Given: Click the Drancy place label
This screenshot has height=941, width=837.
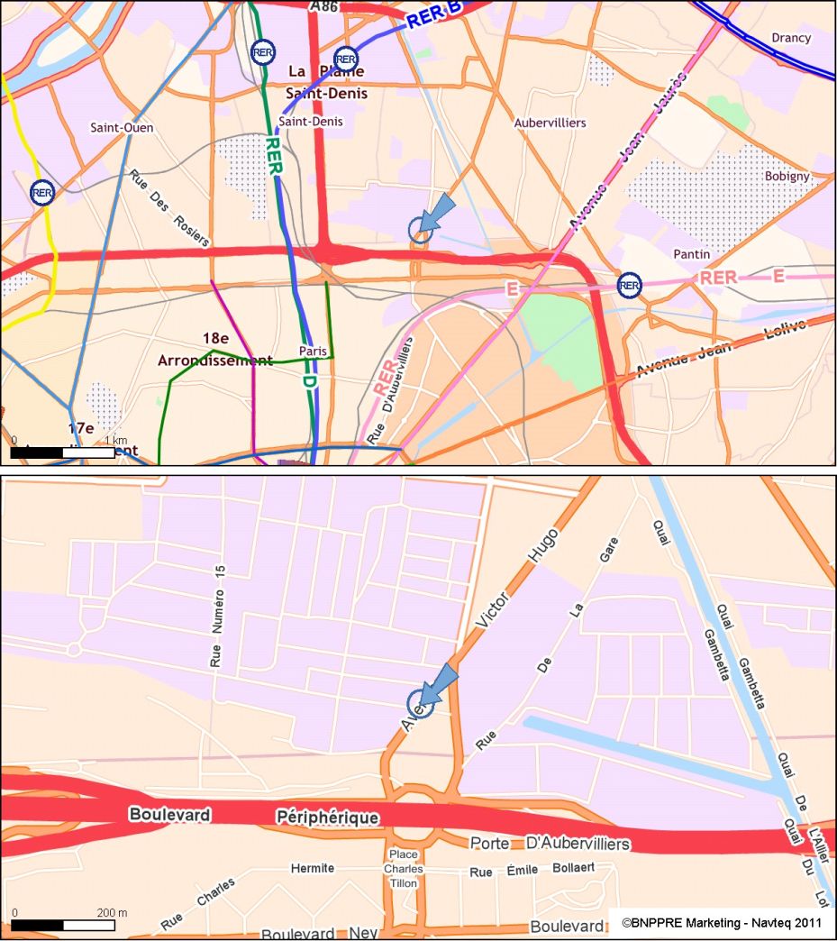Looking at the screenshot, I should point(790,38).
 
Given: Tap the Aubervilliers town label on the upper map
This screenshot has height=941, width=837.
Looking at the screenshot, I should point(550,123).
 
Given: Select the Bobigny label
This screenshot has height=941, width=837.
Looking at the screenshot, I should point(787,176).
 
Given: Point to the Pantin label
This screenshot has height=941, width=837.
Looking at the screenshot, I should point(691,255).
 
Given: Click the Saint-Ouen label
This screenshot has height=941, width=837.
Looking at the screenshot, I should point(122,128).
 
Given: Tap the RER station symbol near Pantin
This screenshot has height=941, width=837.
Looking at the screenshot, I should point(629,286).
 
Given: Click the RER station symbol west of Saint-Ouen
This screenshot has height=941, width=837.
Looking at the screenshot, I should point(41,192).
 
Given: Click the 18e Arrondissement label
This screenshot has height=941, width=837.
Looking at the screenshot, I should point(214,350).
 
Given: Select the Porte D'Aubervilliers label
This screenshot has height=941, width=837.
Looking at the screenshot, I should point(550,844).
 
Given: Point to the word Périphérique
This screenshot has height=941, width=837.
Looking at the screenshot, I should point(327,817).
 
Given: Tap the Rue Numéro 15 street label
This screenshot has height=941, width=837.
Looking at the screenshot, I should point(216,617).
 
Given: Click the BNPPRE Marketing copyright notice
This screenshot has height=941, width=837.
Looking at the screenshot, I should point(722,923).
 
